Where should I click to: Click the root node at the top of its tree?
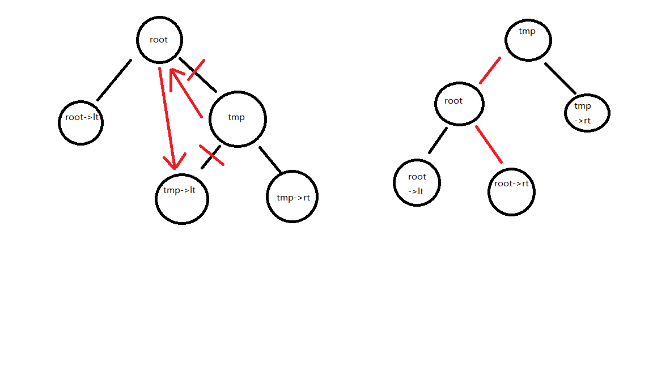pos(159,40)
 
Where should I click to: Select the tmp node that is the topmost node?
pos(528,39)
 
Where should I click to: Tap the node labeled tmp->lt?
pos(182,198)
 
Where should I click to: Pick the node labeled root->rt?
pos(511,191)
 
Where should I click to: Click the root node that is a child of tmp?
pos(459,102)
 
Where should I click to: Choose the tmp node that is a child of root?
pos(238,118)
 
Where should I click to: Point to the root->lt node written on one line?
pos(81,122)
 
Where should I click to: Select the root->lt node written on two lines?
pos(417,182)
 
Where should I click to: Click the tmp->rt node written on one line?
pos(292,197)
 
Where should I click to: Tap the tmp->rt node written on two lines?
pos(587,113)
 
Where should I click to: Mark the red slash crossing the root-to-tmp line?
pos(196,69)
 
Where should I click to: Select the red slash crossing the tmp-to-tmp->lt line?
pos(211,155)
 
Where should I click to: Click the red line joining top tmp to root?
pos(490,70)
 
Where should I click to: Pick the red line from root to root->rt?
pos(489,144)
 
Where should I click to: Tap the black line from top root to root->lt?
pos(114,80)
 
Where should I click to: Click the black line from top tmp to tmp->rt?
pos(560,78)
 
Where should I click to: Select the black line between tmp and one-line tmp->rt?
pos(270,160)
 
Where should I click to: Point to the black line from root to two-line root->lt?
pos(438,140)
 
